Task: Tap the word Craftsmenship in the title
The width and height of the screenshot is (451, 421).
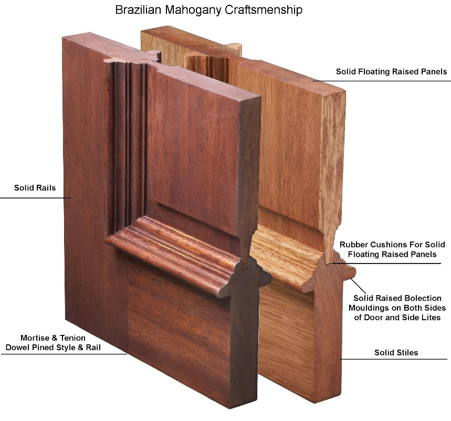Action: [264, 10]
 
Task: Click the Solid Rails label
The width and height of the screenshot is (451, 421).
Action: [35, 188]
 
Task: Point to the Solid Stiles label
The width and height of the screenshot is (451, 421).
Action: [396, 353]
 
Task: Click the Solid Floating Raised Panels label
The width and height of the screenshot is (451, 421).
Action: [392, 71]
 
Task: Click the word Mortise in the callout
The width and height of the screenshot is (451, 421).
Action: [35, 338]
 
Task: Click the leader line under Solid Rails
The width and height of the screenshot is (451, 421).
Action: [35, 198]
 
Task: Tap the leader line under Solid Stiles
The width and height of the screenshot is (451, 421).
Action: [393, 359]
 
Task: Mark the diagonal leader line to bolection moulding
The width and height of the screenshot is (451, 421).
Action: [358, 286]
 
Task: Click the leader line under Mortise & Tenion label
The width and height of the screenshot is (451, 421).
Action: [64, 354]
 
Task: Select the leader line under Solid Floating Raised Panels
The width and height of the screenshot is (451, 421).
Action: [382, 81]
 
